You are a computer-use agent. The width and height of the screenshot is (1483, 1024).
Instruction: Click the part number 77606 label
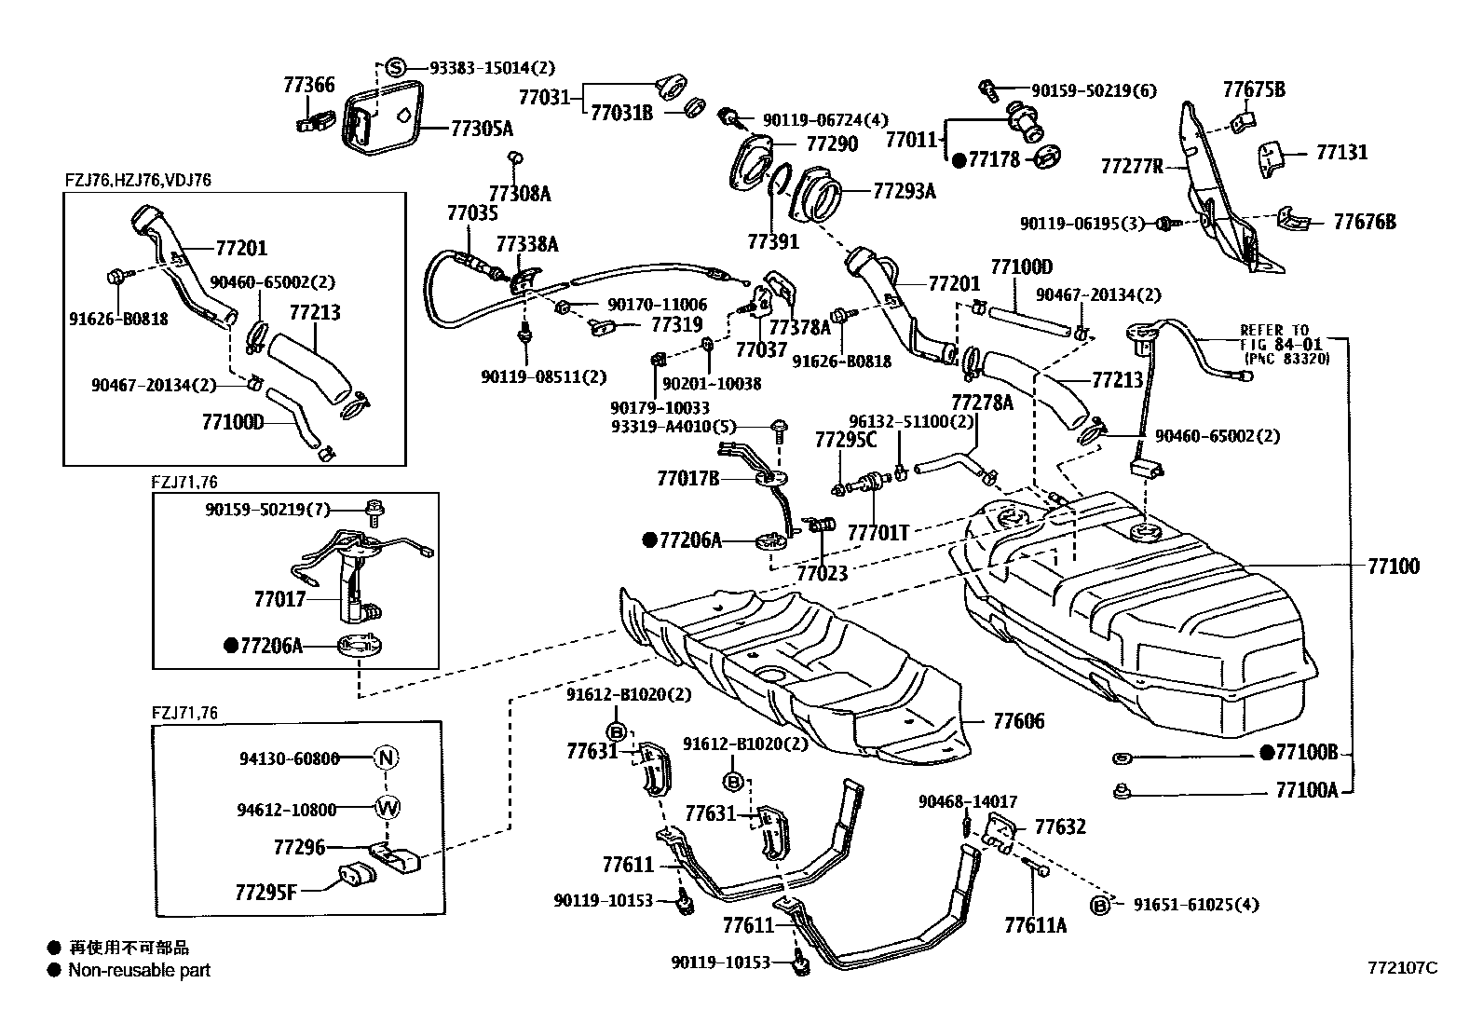pyautogui.click(x=1018, y=721)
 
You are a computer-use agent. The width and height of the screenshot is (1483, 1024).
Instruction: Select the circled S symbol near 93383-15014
pyautogui.click(x=395, y=67)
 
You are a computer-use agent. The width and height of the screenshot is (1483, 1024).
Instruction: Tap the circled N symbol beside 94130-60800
pyautogui.click(x=387, y=758)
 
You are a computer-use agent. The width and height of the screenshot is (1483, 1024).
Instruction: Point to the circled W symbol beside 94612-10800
pyautogui.click(x=387, y=809)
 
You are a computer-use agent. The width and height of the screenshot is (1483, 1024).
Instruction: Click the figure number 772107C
pyautogui.click(x=1402, y=968)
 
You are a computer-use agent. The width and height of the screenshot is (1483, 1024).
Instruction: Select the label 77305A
pyautogui.click(x=482, y=129)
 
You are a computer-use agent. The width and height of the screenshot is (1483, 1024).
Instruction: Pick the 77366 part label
pyautogui.click(x=309, y=86)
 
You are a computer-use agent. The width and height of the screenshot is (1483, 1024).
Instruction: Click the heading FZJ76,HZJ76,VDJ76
pyautogui.click(x=137, y=180)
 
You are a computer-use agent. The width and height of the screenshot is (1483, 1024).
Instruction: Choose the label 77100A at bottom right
pyautogui.click(x=1306, y=790)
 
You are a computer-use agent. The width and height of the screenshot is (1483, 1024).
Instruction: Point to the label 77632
pyautogui.click(x=1060, y=826)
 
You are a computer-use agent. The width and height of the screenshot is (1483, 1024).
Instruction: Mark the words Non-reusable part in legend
pyautogui.click(x=139, y=970)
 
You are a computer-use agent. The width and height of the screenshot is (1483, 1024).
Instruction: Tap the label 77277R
pyautogui.click(x=1132, y=168)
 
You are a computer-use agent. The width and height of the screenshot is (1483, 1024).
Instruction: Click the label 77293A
pyautogui.click(x=904, y=191)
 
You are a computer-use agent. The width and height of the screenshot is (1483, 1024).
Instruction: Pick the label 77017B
pyautogui.click(x=687, y=479)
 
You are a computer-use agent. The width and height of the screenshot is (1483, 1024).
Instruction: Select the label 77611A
pyautogui.click(x=1035, y=925)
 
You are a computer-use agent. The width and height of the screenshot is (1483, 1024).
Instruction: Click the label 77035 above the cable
pyautogui.click(x=472, y=212)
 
